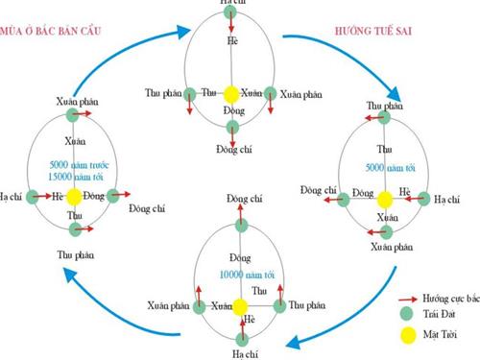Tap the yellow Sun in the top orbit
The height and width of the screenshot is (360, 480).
click(230, 94)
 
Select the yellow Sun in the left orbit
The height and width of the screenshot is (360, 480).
click(77, 196)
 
